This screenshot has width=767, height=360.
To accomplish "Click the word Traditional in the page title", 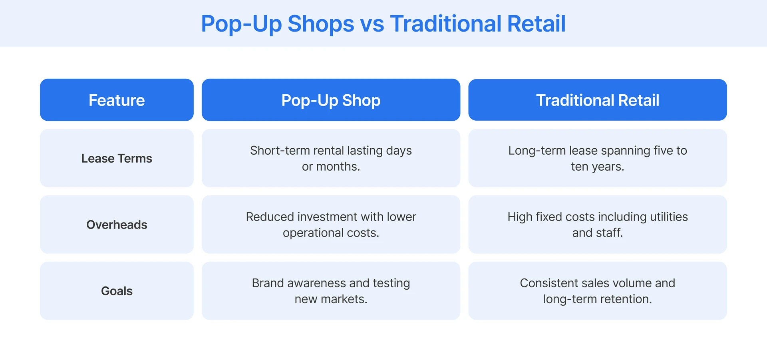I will pos(445,24).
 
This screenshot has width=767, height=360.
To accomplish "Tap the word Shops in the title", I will pos(320,24).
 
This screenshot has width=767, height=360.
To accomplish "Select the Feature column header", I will pos(117,100).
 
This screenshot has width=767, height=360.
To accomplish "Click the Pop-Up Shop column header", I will pos(331,100).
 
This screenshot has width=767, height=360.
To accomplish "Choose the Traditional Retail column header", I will pos(597,100).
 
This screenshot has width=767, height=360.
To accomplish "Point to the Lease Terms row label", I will pos(117,159).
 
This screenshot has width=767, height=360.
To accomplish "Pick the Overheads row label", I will pos(117,225).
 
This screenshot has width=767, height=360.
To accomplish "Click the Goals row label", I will pos(117,291).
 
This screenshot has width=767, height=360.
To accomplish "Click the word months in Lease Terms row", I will pos(337,167).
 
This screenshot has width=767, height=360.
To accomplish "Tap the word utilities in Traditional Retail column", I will pos(669,217).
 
